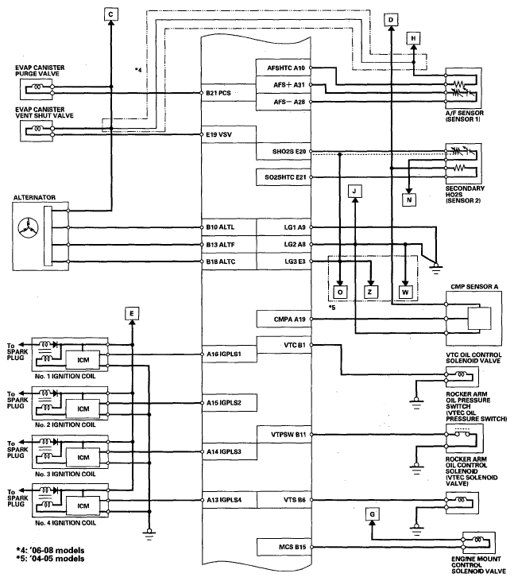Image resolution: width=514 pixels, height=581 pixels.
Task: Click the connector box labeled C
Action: point(110,14)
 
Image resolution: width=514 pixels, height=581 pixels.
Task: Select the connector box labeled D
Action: point(391,20)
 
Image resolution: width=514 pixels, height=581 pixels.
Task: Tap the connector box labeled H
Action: point(413,38)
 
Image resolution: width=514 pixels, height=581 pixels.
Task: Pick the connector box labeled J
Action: point(355,192)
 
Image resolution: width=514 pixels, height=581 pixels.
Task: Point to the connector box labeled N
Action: point(409,199)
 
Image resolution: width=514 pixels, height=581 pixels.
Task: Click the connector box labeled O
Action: point(340,292)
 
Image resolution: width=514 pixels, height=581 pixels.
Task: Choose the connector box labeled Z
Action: point(370,292)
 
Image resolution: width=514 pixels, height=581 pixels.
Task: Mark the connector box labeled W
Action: point(405,292)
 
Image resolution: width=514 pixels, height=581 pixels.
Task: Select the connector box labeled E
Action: point(132,314)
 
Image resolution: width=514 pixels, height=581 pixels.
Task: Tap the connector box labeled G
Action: point(372,514)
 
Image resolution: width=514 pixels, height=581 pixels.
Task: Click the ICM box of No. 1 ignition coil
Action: point(83,360)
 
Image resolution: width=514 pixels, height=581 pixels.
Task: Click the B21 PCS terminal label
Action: point(218,93)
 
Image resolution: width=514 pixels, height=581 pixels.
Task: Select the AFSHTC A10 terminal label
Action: point(286,68)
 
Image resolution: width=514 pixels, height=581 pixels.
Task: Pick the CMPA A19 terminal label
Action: point(290,319)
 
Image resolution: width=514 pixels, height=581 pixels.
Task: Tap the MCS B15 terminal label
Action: point(292,547)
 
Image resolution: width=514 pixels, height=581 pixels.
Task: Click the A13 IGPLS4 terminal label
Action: point(224,500)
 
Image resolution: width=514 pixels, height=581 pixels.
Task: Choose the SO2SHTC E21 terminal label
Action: point(285,177)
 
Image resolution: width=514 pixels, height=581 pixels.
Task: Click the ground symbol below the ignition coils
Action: point(149,534)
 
